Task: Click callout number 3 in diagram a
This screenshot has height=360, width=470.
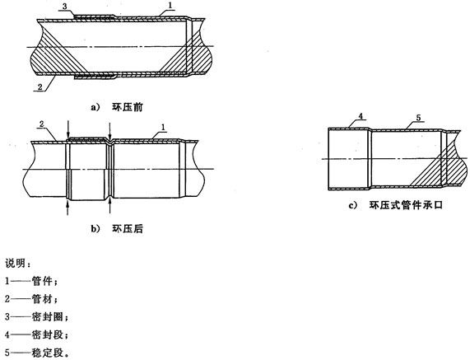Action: (x=64, y=6)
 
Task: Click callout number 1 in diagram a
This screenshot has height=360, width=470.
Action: (x=170, y=5)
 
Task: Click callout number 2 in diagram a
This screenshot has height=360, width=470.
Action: (x=40, y=87)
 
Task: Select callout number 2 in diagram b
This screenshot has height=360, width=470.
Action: (x=42, y=124)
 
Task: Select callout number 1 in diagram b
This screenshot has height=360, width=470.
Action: (x=163, y=127)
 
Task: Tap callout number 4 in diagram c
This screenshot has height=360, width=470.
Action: (x=361, y=116)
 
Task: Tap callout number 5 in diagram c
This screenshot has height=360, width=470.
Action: (x=418, y=118)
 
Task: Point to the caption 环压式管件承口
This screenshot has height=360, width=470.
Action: (x=406, y=205)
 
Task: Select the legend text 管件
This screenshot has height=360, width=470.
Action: (x=42, y=282)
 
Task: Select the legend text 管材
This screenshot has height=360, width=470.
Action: (x=42, y=299)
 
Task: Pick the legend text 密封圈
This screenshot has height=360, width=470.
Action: (x=48, y=317)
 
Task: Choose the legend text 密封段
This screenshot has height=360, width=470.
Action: (x=48, y=334)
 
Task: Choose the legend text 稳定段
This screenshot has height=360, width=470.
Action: (x=48, y=353)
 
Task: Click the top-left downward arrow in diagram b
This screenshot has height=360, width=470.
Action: (x=68, y=129)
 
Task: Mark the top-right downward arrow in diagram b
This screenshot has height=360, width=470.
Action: (x=110, y=131)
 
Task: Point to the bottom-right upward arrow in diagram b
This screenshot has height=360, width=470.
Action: (x=110, y=207)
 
